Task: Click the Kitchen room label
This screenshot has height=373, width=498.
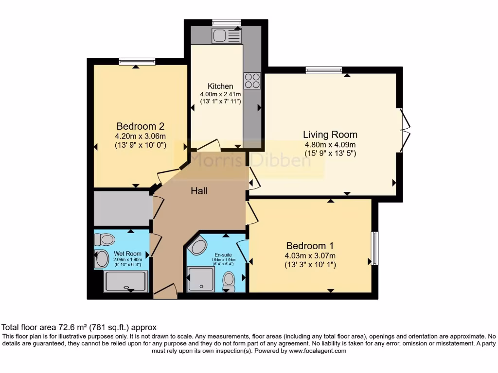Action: pos(216,86)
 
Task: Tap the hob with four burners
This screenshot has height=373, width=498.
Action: pos(252,80)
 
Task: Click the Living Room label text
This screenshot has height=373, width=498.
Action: pos(330,135)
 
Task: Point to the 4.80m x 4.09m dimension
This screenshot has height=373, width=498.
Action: pos(330,145)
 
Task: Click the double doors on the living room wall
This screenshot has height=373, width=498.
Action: pos(405,128)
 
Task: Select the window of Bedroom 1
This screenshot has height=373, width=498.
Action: pos(374,248)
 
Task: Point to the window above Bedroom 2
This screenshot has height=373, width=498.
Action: pos(137,61)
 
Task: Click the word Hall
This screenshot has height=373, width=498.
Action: pos(199,191)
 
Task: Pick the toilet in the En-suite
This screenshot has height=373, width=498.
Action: pos(229,280)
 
